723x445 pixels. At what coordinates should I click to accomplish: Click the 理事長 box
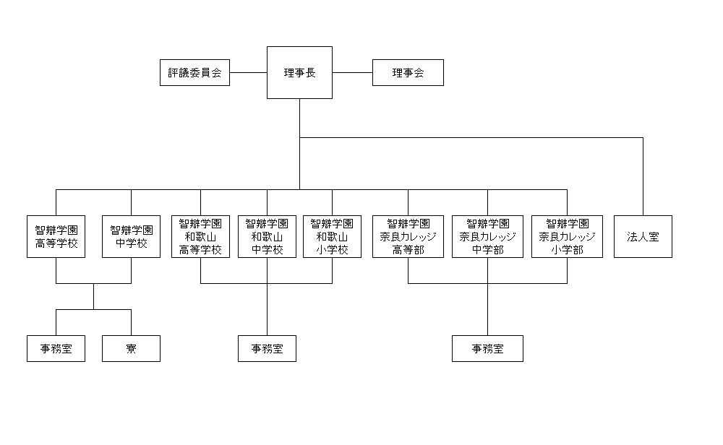pos(299,72)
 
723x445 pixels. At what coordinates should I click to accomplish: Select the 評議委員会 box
pos(194,73)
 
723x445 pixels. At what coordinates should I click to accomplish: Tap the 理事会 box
pos(408,73)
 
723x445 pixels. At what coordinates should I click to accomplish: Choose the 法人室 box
pos(643,236)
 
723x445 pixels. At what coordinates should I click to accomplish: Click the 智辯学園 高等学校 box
pos(56,236)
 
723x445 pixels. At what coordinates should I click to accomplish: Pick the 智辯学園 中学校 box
pos(131,236)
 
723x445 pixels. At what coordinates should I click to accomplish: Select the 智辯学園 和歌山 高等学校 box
pos(200,236)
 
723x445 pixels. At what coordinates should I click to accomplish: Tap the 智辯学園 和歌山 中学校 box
pos(267,236)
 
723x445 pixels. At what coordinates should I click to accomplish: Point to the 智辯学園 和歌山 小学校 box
pos(332,236)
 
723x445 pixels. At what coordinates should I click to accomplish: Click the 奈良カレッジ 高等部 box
pos(408,236)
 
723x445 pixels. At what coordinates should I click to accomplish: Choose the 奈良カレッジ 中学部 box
pos(487,236)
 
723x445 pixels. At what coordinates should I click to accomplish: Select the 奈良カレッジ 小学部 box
pos(567,236)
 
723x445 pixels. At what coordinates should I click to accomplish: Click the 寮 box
pos(131,349)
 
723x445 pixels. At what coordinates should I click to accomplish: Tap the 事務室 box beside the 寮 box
pos(56,349)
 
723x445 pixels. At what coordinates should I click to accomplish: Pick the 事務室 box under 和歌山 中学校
pos(267,349)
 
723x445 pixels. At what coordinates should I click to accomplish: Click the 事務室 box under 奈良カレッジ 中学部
pos(487,349)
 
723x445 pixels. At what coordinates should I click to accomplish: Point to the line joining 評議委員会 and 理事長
pos(249,73)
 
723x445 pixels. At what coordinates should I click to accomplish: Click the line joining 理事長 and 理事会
pos(352,73)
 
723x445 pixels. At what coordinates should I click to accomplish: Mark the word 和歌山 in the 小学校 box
pos(332,237)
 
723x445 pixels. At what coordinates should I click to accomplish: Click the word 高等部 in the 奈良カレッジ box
pos(408,250)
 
